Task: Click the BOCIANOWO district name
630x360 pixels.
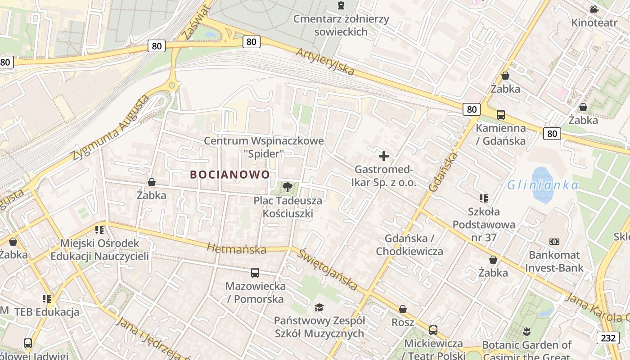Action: pos(230,175)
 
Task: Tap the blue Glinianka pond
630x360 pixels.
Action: pos(542,184)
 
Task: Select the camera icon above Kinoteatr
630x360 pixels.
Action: pos(594,9)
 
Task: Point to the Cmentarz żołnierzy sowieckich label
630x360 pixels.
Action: pos(341,25)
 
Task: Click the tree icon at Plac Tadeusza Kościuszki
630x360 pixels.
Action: pos(288,187)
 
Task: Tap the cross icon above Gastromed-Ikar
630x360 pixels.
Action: pos(384,156)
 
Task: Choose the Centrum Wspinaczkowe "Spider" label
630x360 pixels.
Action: pos(264,147)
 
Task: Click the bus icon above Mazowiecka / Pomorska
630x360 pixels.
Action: pos(255,272)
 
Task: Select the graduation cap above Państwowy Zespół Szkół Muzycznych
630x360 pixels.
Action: pos(319,307)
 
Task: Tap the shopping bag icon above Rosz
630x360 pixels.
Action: pos(403,309)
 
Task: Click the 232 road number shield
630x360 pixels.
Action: pos(608,338)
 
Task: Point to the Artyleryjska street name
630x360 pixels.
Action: pos(325,62)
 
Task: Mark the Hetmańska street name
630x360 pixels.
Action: pos(236,248)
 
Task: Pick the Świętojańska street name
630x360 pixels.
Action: pos(328,269)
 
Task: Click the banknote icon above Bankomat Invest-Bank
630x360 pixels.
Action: pos(554,242)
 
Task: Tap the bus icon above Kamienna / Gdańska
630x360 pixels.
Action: pos(501,115)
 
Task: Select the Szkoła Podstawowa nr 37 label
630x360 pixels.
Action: pos(484,224)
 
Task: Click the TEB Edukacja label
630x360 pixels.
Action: pos(47,312)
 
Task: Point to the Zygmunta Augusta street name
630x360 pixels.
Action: pos(110,129)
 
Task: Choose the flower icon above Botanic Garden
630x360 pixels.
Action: pos(526,332)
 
